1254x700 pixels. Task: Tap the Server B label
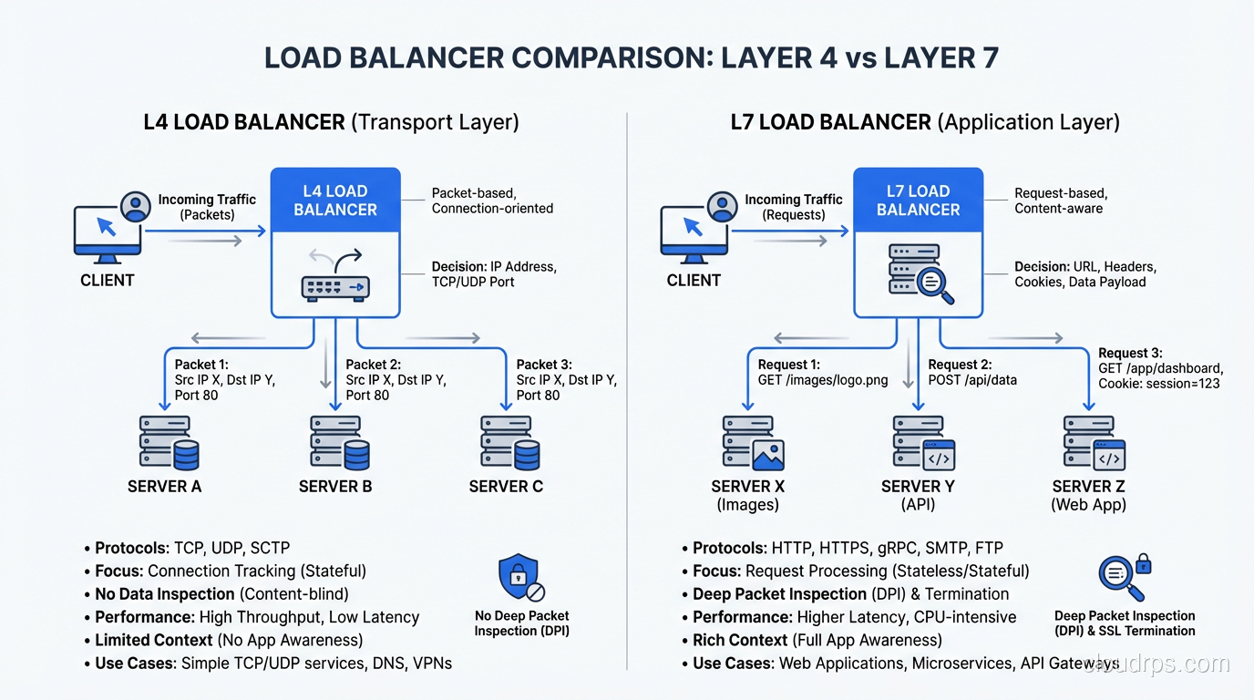point(335,487)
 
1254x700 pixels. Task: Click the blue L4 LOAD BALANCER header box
point(335,201)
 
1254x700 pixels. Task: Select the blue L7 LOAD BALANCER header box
point(918,201)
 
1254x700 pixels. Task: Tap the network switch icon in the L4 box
point(335,277)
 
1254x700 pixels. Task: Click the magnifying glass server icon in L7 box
point(920,273)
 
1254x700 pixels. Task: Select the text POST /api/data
point(972,380)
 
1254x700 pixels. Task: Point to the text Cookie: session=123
point(1159,384)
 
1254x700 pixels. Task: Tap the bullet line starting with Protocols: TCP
point(192,548)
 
